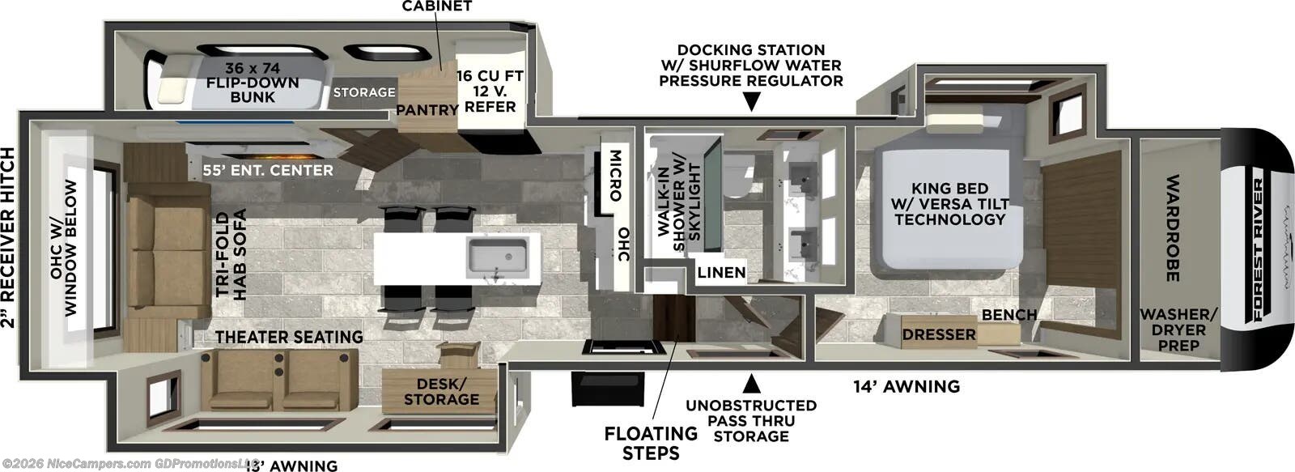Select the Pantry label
[427, 110]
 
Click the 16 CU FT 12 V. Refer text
[490, 91]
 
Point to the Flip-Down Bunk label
[252, 83]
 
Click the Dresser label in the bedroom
[939, 334]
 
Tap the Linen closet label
[721, 272]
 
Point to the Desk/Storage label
[441, 391]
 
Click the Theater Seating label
[289, 336]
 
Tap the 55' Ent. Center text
[268, 170]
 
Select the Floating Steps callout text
[651, 443]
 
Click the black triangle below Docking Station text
[751, 102]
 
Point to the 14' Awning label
[906, 386]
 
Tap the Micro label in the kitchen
[614, 175]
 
